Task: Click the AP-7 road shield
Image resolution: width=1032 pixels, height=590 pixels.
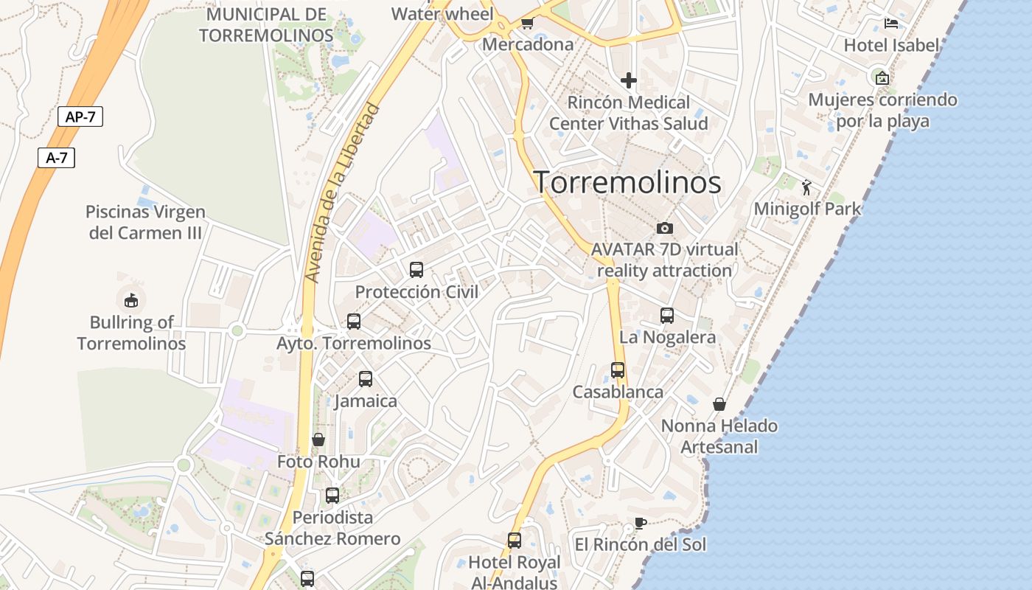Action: coord(80,117)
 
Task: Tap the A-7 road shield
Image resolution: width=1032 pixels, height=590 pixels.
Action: coord(56,157)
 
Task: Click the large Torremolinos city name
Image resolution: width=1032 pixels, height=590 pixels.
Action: coord(627,182)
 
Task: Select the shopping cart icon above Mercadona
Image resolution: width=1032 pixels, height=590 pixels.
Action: coord(527,24)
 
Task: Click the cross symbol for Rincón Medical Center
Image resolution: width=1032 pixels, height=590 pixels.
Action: coord(628,80)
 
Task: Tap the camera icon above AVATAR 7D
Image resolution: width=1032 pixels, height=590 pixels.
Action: coord(664,228)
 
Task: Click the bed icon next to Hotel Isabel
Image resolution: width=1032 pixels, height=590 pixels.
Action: coord(891,24)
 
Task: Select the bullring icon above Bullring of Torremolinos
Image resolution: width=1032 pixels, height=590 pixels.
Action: coord(131,299)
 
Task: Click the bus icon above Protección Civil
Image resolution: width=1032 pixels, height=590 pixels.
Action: coord(416,270)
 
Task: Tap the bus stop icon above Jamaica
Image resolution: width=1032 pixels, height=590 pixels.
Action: coord(366,379)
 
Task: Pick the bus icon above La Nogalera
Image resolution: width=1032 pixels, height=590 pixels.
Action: coord(667,316)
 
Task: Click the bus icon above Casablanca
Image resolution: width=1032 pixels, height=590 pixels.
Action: coord(618,370)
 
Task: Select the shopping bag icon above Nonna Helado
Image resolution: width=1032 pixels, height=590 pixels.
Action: coord(719,404)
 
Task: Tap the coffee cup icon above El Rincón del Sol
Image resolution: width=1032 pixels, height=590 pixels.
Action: coord(641,524)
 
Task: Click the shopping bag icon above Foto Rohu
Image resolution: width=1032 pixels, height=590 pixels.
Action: coord(318,440)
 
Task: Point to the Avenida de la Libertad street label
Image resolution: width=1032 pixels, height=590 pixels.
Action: coord(343,193)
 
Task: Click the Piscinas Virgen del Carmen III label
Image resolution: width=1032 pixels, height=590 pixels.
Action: coord(145,223)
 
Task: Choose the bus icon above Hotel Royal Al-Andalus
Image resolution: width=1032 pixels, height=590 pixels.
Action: coord(515,541)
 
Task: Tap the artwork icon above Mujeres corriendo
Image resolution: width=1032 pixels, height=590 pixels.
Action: coord(882,77)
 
